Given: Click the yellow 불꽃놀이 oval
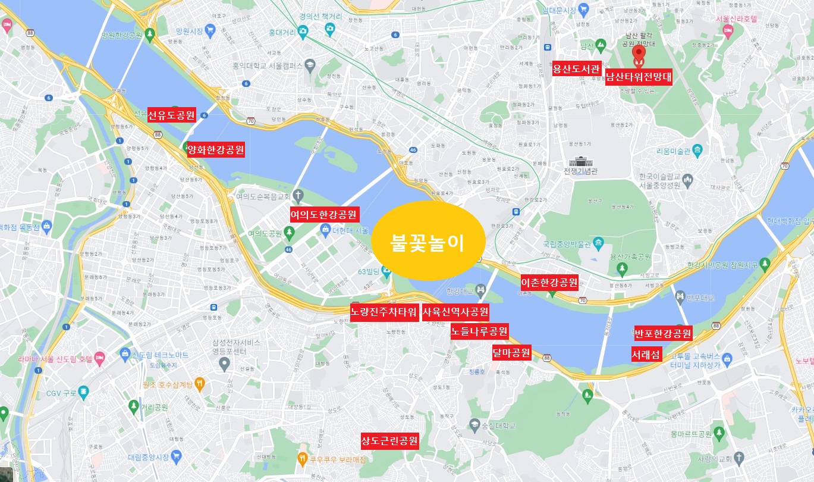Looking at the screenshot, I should point(428,241).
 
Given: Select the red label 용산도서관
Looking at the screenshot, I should point(577,68).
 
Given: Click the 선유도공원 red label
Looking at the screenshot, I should point(172,115).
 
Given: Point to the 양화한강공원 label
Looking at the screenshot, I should point(215,150).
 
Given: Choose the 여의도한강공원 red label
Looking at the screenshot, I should point(324,214).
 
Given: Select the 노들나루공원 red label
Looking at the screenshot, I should point(479,331).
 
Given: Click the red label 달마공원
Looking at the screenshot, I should point(511,352).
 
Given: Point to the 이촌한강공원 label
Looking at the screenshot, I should point(549,282).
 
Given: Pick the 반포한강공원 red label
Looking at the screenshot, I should point(663,333).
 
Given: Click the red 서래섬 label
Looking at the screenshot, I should point(646,355).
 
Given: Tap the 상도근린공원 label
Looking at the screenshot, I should point(389,441).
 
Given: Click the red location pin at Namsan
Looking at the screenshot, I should point(639,55).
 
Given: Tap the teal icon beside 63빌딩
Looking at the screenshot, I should point(386,273).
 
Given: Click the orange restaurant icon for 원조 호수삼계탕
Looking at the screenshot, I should point(200,384).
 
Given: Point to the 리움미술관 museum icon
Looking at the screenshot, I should point(697,149).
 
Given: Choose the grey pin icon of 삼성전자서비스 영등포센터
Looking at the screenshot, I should point(224,363).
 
